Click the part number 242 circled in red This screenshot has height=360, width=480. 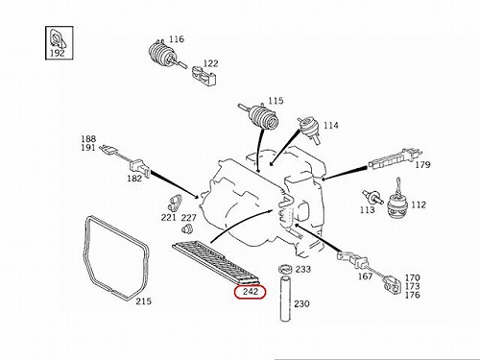[x=250, y=292]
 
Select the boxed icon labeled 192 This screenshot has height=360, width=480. [x=60, y=43]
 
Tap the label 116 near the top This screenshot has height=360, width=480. [x=177, y=39]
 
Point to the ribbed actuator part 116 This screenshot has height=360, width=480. [x=164, y=55]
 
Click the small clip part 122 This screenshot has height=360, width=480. [x=204, y=76]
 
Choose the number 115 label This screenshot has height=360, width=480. [x=276, y=101]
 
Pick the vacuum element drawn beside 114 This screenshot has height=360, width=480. [x=308, y=130]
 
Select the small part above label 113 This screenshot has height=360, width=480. [x=372, y=197]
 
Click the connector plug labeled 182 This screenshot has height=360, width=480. [x=139, y=167]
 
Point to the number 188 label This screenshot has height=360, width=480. [x=88, y=139]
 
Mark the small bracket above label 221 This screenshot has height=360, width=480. [x=175, y=203]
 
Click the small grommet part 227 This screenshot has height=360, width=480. [x=186, y=228]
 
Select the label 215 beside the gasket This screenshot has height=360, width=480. [x=143, y=301]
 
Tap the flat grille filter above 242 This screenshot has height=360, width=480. [x=216, y=263]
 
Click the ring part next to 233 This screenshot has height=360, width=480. [x=285, y=269]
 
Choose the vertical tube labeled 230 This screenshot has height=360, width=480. [x=285, y=300]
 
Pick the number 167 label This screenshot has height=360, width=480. [x=365, y=276]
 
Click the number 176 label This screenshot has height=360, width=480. [x=412, y=295]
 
